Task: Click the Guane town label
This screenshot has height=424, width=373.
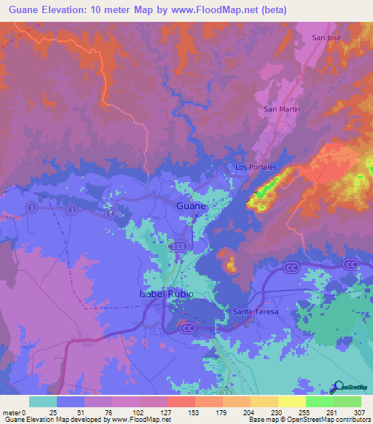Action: click(x=192, y=206)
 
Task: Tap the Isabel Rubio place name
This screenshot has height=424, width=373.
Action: click(x=165, y=294)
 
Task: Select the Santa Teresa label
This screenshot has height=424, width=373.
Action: click(x=255, y=312)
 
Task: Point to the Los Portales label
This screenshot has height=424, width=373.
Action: click(x=256, y=168)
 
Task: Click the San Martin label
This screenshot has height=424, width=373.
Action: click(x=281, y=109)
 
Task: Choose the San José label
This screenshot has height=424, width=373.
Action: click(x=326, y=37)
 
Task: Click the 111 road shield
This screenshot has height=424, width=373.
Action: click(x=178, y=247)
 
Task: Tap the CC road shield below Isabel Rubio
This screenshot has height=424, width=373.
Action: click(x=186, y=328)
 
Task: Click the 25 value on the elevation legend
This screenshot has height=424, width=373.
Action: click(x=53, y=412)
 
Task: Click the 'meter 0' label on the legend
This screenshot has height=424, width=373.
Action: click(x=15, y=412)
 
